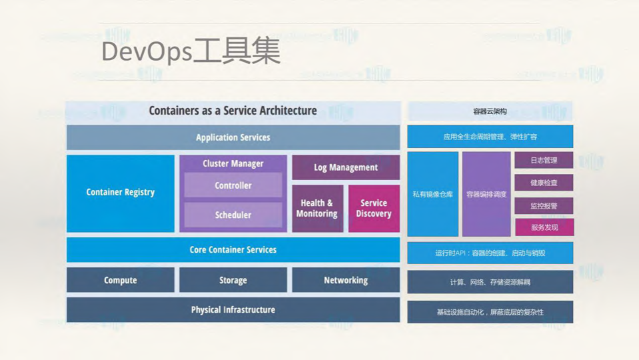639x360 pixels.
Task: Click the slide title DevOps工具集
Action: point(191,52)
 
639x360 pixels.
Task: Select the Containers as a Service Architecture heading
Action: point(233,111)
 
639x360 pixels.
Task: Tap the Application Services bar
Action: point(233,137)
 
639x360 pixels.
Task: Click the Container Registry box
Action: point(121,193)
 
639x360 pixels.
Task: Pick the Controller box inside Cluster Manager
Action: point(233,186)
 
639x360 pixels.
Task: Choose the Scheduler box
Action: point(233,215)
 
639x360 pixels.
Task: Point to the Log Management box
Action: point(346,167)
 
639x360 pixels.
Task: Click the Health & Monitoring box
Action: point(317,209)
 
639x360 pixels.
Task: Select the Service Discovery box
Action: point(374,209)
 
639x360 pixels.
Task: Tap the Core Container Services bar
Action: point(233,250)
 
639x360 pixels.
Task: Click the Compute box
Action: point(121,280)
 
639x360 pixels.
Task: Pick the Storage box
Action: point(233,280)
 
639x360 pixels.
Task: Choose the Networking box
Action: point(346,280)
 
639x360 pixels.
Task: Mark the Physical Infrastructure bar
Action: point(233,310)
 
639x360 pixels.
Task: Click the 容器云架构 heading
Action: point(490,111)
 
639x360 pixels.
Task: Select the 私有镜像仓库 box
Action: point(432,194)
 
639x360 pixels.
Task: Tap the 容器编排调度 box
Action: point(486,194)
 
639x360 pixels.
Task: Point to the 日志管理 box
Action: point(544,161)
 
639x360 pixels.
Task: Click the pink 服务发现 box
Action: point(544,227)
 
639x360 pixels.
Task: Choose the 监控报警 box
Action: point(544,206)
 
